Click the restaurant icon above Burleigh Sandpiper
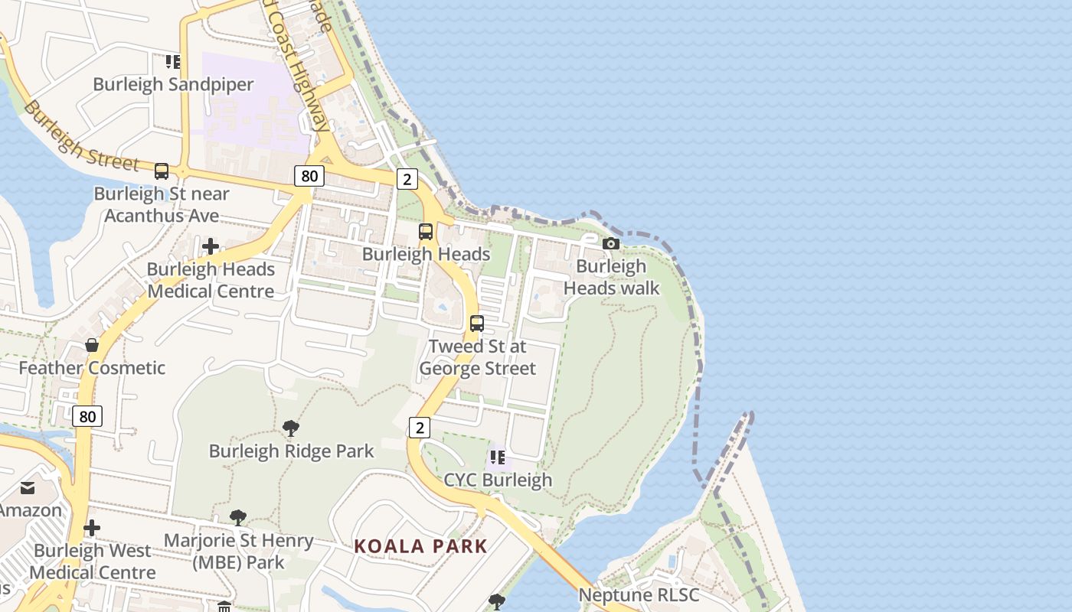coord(173,61)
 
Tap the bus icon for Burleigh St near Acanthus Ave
coord(162,171)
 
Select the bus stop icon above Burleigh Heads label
coord(426,232)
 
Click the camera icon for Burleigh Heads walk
coord(610,243)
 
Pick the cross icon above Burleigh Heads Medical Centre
coord(211,246)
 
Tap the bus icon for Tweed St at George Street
coord(477,324)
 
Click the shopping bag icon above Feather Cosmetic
coord(92,345)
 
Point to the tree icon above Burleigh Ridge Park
coord(291,428)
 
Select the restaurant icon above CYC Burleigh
coord(498,457)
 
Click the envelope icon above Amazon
coord(28,488)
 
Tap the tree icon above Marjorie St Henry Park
coord(238,517)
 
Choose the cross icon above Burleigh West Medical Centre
coord(92,528)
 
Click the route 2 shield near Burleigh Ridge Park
coord(419,428)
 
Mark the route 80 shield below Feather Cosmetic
coord(88,416)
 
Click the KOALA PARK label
coord(420,546)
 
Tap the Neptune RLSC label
coord(639,595)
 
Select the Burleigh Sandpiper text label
coord(173,84)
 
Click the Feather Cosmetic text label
coord(92,368)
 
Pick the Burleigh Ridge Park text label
coord(292,451)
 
